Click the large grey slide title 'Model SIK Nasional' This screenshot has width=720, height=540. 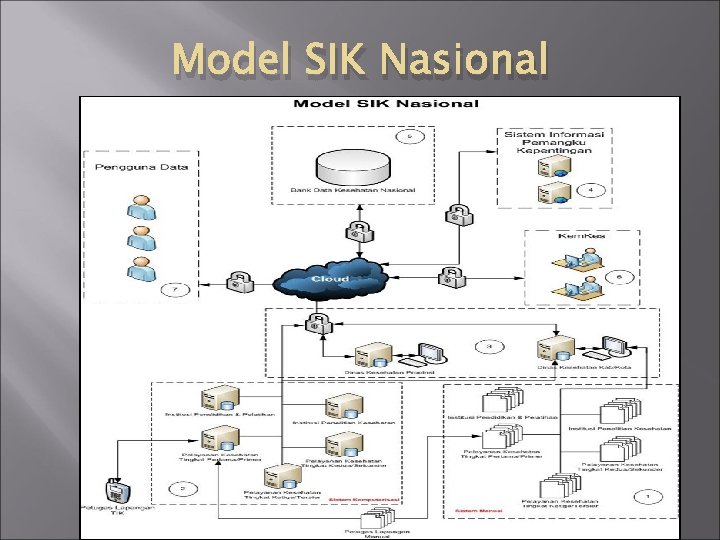360,59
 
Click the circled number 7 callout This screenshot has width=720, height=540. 176,291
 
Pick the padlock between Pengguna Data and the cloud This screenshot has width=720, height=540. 237,280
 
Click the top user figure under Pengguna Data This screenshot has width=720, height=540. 139,207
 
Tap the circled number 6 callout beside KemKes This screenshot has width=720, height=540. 619,276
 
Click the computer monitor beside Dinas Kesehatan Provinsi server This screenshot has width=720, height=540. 431,354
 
